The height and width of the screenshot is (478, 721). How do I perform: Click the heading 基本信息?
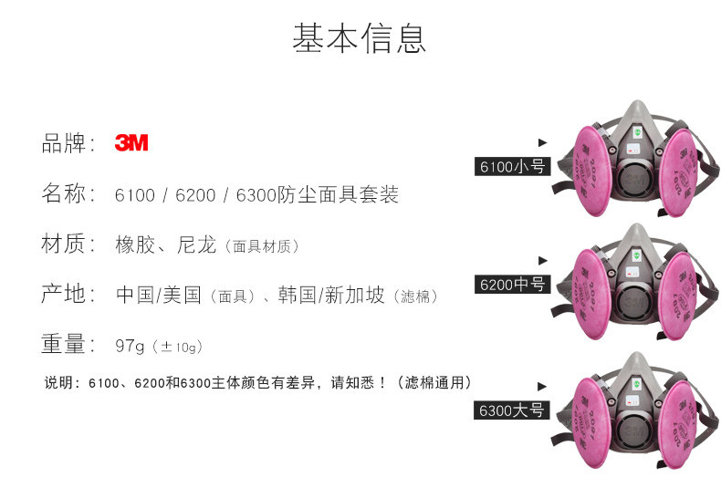(360, 38)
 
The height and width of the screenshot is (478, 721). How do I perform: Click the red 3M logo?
(131, 143)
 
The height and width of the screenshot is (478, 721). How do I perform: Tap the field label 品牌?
(68, 143)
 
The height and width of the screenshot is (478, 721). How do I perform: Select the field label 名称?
(68, 194)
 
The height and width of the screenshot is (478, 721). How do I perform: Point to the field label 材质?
(68, 244)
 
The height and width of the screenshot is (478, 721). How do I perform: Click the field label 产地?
(68, 295)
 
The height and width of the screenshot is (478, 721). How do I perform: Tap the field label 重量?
(68, 345)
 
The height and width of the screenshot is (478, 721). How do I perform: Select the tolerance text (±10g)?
(177, 347)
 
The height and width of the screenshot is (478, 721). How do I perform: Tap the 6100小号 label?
(512, 167)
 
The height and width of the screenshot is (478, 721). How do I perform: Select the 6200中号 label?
(512, 285)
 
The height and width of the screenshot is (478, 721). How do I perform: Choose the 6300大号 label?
(512, 410)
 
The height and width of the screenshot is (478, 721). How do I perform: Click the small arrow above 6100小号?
(542, 142)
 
